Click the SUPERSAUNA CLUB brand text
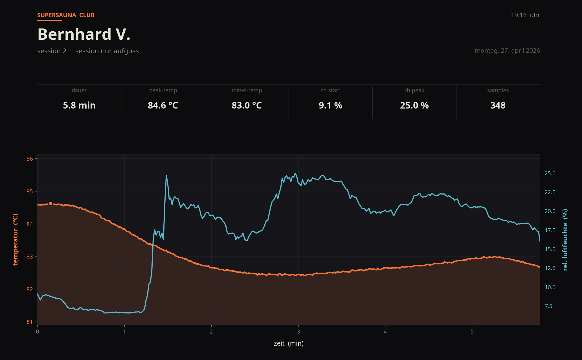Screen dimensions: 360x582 pyautogui.click(x=66, y=15)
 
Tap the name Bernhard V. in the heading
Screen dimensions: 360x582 pyautogui.click(x=84, y=34)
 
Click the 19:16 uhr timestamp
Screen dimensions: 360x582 pyautogui.click(x=525, y=15)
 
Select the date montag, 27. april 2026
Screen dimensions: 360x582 pyautogui.click(x=507, y=51)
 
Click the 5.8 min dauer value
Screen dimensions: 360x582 pyautogui.click(x=79, y=105)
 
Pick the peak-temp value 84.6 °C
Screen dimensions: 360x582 pyautogui.click(x=163, y=105)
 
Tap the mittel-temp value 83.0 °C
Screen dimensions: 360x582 pyautogui.click(x=247, y=105)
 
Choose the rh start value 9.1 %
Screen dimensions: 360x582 pyautogui.click(x=330, y=105)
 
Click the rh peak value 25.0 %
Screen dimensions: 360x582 pyautogui.click(x=414, y=105)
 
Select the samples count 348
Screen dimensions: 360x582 pyautogui.click(x=498, y=105)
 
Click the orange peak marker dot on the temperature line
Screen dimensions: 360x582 pyautogui.click(x=50, y=203)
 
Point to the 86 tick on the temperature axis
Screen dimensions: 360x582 pyautogui.click(x=30, y=159)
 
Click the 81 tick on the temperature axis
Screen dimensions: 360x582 pyautogui.click(x=30, y=322)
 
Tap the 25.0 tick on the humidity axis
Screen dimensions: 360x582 pyautogui.click(x=550, y=173)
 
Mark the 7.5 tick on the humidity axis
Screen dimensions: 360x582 pyautogui.click(x=548, y=306)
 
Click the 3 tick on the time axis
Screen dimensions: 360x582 pyautogui.click(x=298, y=332)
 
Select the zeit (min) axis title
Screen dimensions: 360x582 pyautogui.click(x=289, y=343)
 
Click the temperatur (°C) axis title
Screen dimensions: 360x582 pyautogui.click(x=15, y=240)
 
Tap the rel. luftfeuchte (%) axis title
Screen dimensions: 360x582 pyautogui.click(x=565, y=240)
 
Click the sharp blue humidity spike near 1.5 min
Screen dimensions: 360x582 pyautogui.click(x=166, y=176)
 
